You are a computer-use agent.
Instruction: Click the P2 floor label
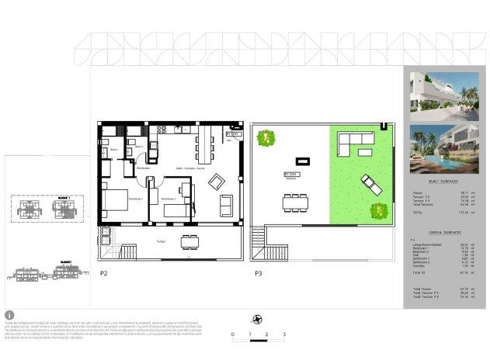103,273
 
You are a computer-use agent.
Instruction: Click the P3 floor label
258,273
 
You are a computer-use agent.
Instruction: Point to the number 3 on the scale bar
284,334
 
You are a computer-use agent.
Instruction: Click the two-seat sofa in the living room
227,205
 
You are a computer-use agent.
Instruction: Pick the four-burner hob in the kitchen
162,130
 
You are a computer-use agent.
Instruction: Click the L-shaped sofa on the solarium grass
355,143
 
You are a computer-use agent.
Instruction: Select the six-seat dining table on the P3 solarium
294,203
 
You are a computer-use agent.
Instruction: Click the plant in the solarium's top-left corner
266,137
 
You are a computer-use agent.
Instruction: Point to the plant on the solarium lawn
379,209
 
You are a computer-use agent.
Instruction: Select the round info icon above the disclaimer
9,315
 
